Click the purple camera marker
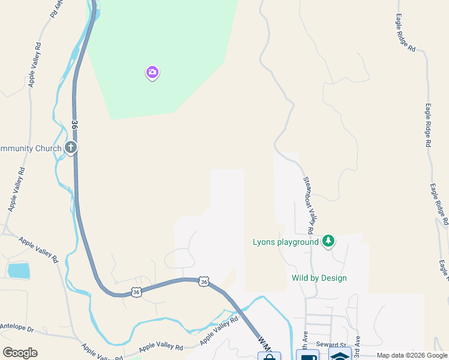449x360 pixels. point(152,73)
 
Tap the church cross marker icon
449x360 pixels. point(71,147)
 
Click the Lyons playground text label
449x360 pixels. point(285,242)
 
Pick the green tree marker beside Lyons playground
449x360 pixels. point(328,241)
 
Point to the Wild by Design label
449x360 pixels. point(319,278)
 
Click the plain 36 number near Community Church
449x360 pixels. point(74,124)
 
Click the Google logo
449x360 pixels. point(20,353)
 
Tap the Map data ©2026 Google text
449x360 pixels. point(411,355)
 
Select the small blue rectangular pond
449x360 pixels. point(18,271)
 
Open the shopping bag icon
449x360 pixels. point(269,356)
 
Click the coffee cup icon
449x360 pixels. point(307,356)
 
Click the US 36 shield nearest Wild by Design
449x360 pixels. point(205,281)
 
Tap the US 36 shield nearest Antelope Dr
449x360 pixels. point(136,292)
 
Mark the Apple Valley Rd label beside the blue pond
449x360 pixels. point(38,250)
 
